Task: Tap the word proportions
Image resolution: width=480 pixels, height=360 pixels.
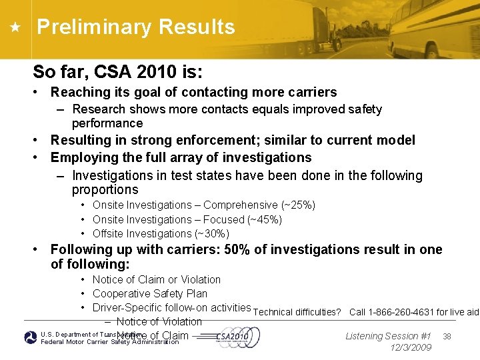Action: coord(105,189)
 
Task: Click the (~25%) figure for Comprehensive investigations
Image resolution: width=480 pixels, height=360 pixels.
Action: coord(298,205)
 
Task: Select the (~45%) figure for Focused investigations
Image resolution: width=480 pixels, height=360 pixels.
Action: coord(265,219)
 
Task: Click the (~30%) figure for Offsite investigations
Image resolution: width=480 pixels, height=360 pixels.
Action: coord(212,233)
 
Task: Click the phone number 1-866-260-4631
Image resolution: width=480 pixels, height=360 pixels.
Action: coord(401,312)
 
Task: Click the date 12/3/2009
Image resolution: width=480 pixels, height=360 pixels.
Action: coord(409,347)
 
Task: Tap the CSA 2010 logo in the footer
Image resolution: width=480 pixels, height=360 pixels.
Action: coord(233,337)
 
